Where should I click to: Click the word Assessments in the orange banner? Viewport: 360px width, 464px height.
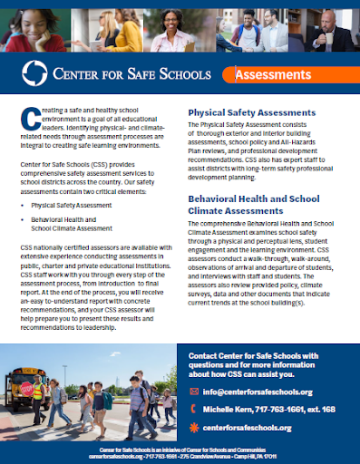268,75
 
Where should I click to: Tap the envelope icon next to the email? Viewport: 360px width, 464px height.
194,391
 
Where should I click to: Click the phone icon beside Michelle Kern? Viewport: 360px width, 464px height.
194,409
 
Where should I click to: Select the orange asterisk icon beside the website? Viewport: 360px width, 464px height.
194,427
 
